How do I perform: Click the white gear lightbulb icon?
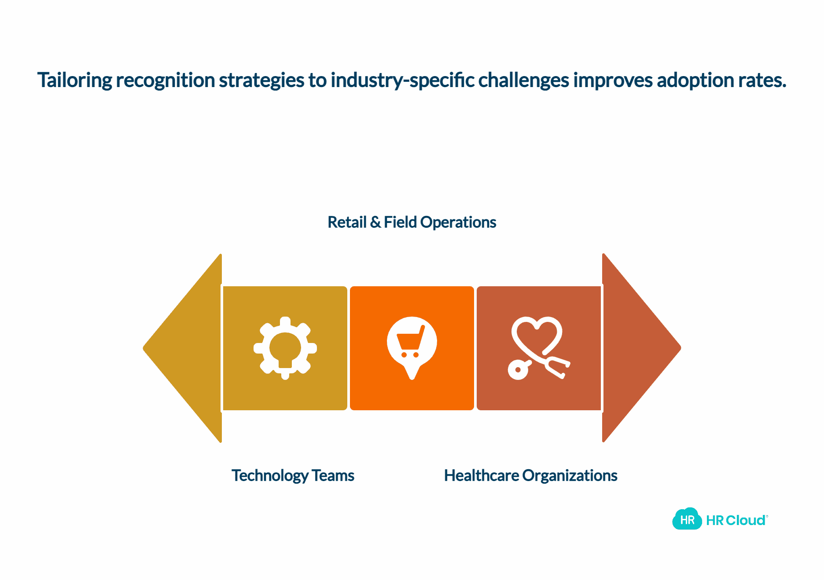click(x=285, y=348)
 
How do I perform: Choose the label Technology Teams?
click(x=293, y=475)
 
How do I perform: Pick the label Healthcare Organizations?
click(x=530, y=475)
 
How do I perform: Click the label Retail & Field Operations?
click(x=412, y=222)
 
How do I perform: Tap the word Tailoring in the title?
click(x=75, y=80)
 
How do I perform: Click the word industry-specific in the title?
click(x=402, y=80)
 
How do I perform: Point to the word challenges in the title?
click(x=524, y=80)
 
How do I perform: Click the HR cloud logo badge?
click(x=687, y=519)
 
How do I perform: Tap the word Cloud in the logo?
click(x=746, y=520)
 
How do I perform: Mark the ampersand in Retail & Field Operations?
click(x=375, y=222)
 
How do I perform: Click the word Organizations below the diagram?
click(x=570, y=475)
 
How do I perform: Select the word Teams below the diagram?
click(x=333, y=475)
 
